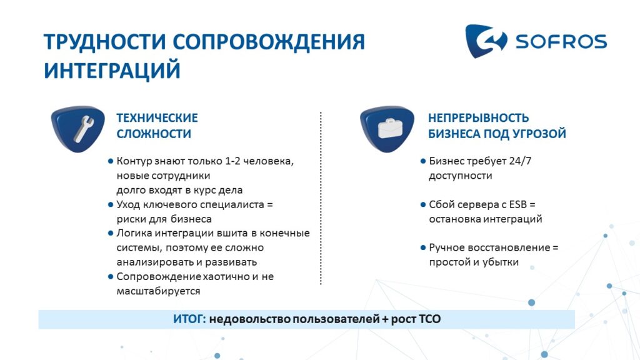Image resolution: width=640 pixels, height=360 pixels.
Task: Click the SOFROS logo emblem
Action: [x=486, y=41]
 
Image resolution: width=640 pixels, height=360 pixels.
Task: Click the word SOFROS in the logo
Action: [x=561, y=42]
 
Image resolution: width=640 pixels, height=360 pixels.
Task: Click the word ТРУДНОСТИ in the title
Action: [x=105, y=42]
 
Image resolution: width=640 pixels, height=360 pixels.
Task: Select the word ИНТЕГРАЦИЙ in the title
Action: [x=112, y=70]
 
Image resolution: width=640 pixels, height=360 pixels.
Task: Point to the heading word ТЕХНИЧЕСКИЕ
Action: [x=157, y=118]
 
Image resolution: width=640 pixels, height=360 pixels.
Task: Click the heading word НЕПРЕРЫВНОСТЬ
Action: [x=478, y=118]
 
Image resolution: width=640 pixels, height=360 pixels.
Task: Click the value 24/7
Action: [x=520, y=161]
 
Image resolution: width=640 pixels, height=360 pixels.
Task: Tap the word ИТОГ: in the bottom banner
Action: [x=190, y=319]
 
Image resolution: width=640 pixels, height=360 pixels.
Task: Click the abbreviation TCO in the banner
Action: [x=430, y=319]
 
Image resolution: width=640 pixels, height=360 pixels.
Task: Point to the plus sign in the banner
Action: [x=385, y=319]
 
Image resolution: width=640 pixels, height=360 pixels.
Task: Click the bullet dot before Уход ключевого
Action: [x=110, y=204]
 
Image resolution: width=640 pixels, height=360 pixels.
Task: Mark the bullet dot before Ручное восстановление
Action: [x=423, y=247]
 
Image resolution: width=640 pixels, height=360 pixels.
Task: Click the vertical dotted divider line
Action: [x=321, y=198]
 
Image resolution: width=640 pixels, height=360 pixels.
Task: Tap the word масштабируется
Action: [x=158, y=291]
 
